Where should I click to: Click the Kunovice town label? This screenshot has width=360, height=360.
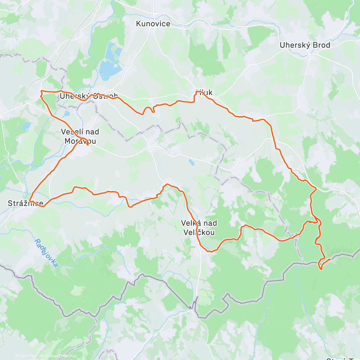click(153, 24)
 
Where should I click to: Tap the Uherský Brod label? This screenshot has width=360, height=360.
click(305, 45)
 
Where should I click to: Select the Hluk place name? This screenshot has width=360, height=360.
click(204, 92)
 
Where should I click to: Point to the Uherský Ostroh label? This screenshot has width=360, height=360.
click(88, 96)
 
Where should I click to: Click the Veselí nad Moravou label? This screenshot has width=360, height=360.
click(80, 136)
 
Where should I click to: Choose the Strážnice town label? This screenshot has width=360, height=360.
click(25, 203)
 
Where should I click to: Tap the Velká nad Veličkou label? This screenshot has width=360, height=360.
click(199, 228)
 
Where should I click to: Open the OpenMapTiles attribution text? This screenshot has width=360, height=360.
click(29, 356)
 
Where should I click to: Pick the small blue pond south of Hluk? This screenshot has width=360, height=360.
click(191, 162)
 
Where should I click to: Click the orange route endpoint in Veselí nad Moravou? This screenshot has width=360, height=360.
click(87, 145)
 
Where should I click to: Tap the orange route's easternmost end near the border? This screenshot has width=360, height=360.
click(330, 259)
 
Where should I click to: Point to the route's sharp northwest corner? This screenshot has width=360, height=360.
click(41, 91)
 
